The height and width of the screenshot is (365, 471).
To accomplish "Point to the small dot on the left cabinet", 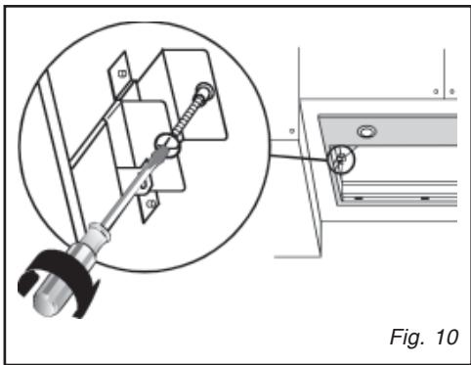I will click(293, 129).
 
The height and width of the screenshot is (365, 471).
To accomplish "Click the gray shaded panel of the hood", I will click(410, 132).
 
